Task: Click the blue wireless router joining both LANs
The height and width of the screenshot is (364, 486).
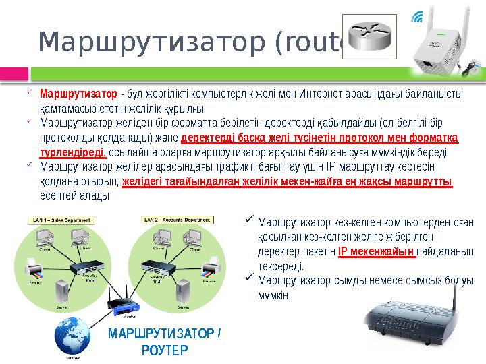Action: coord(126,303)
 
